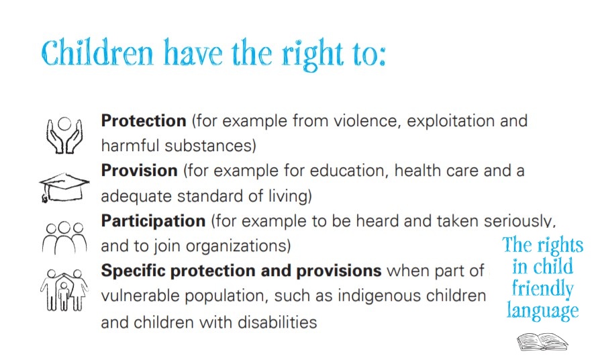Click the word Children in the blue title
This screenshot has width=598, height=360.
click(97, 52)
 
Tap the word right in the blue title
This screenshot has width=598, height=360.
click(312, 54)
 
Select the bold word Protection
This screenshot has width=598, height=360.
click(144, 121)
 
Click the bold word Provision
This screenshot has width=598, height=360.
click(139, 171)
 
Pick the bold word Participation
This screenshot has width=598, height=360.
click(153, 222)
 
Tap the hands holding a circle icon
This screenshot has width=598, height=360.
click(64, 135)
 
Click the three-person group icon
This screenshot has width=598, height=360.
click(64, 238)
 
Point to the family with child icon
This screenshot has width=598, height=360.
click(64, 289)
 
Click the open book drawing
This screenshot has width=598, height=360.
click(542, 342)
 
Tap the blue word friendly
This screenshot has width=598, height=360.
click(542, 289)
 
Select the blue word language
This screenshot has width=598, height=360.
click(542, 311)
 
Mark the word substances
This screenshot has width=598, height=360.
click(210, 146)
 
